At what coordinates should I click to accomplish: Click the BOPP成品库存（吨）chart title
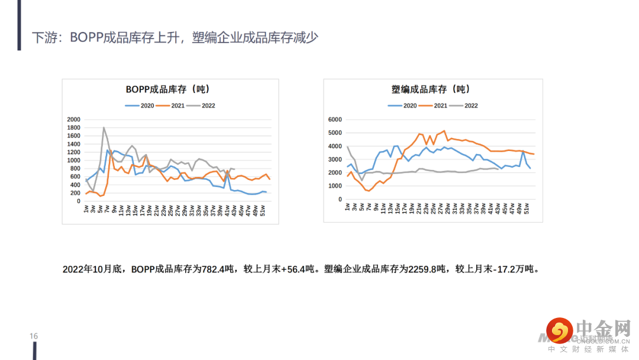[167, 89]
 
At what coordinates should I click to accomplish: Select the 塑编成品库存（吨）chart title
[430, 89]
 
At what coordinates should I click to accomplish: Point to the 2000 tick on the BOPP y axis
[73, 120]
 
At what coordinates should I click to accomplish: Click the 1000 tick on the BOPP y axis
[73, 160]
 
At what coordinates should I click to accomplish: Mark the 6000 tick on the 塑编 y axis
[335, 120]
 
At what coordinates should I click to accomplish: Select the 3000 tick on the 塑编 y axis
[335, 159]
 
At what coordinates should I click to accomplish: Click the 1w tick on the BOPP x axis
[86, 209]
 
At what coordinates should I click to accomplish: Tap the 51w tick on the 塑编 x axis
[526, 209]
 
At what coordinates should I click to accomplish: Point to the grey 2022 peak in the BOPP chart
[104, 127]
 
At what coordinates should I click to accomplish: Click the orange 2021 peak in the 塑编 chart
[444, 131]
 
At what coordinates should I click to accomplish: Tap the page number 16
[34, 336]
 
